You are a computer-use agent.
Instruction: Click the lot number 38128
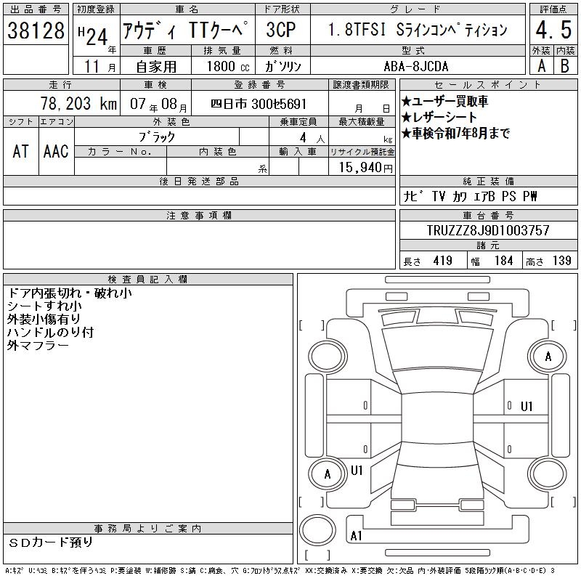point(36,30)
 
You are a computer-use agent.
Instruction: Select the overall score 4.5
point(553,30)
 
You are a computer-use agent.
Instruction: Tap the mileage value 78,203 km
point(78,103)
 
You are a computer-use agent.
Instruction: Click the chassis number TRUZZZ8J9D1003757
point(488,230)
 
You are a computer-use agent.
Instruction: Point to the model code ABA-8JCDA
point(415,66)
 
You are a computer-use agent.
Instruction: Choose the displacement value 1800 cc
point(228,66)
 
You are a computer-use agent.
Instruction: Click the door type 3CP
point(281,30)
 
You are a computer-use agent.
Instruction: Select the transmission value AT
point(21,151)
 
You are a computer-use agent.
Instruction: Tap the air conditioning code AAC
point(56,151)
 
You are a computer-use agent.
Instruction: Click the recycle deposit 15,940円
point(365,167)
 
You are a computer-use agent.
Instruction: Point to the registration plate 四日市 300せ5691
point(259,104)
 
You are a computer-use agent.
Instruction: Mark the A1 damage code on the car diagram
point(356,536)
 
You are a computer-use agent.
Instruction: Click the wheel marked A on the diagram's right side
point(548,356)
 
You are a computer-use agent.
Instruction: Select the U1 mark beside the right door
point(527,407)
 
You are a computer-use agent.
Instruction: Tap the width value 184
point(503,261)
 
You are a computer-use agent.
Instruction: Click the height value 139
point(561,261)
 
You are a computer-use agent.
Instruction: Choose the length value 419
point(442,261)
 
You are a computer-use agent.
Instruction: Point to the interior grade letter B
point(565,66)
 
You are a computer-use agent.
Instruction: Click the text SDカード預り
point(51,543)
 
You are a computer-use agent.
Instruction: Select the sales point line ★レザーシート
point(439,117)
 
